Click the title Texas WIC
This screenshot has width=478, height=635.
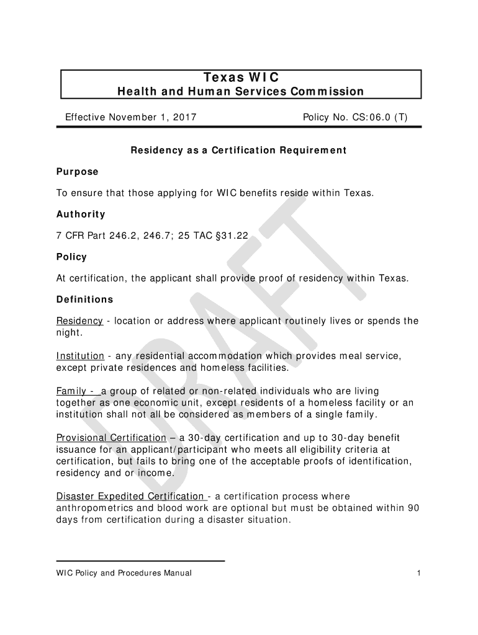(x=241, y=78)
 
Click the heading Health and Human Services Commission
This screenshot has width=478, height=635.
(x=241, y=92)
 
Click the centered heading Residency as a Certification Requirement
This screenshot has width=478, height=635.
(x=238, y=151)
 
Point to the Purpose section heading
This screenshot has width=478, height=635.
(x=78, y=171)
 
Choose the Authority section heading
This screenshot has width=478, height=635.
(x=81, y=214)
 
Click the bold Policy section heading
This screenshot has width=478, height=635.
(x=71, y=257)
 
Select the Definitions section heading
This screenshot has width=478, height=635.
(x=85, y=300)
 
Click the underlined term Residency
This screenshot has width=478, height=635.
(x=79, y=321)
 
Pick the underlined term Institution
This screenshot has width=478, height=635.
(x=81, y=356)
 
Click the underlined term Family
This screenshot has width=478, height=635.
(x=71, y=391)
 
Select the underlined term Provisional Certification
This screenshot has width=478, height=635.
(x=111, y=437)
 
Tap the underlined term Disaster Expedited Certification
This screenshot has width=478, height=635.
(x=130, y=496)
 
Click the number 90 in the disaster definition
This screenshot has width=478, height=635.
(x=414, y=508)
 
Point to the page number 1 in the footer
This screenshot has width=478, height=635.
(x=420, y=573)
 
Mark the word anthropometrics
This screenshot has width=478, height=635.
(x=94, y=508)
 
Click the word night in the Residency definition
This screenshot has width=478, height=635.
(x=69, y=332)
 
